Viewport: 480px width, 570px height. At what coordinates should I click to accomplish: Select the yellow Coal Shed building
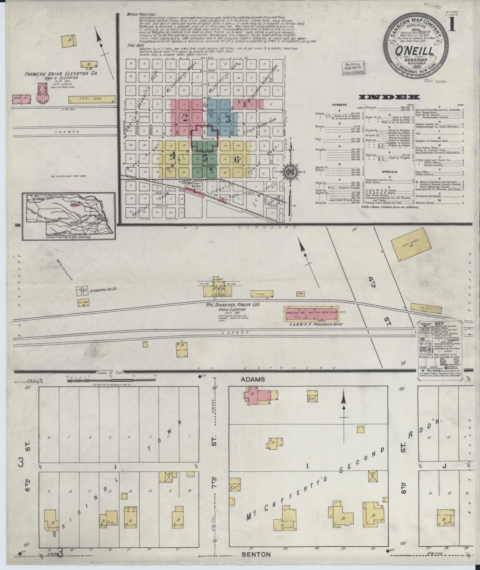click(x=92, y=99)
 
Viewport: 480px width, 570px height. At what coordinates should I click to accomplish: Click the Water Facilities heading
click(x=139, y=15)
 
